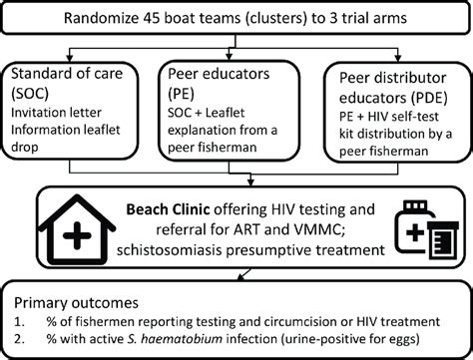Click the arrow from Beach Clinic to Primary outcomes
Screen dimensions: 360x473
click(239, 272)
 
